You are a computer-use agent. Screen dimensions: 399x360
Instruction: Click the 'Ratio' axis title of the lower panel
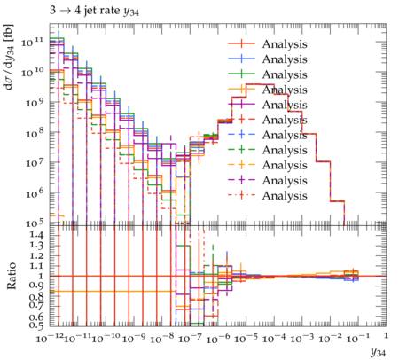coord(11,276)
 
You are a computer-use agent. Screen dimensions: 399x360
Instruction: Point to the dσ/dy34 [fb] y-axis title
coord(9,57)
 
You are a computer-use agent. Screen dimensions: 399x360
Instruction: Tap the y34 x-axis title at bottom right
coord(379,352)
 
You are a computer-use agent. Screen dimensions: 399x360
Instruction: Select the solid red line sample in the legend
coord(241,43)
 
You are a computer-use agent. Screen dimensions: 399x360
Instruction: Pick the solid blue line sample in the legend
coord(241,59)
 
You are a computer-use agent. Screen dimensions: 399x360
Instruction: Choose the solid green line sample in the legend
coord(241,74)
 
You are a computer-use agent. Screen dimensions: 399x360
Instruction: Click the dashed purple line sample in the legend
coord(241,180)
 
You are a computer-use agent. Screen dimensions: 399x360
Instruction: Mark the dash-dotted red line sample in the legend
coord(241,195)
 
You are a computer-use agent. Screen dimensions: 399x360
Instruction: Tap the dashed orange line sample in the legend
coord(241,165)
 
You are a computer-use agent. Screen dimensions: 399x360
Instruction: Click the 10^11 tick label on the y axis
coord(32,42)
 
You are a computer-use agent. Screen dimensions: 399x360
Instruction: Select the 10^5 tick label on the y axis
coord(34,223)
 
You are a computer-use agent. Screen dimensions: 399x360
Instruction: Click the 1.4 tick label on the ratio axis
coord(36,235)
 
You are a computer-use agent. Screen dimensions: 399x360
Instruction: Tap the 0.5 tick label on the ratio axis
coord(36,325)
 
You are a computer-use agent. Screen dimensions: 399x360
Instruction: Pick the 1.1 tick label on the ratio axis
coord(36,266)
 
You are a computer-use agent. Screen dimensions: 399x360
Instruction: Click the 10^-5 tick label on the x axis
coord(246,338)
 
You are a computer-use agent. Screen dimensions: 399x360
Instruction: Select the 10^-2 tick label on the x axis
coord(330,338)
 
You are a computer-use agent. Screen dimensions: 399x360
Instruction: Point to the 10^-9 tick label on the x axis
coord(134,338)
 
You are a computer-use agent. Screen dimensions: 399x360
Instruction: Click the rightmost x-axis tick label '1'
coord(386,336)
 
